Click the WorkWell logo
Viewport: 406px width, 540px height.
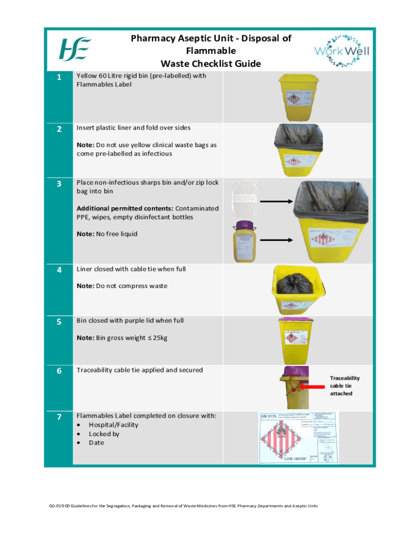click(342, 51)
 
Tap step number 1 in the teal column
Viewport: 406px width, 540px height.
click(59, 78)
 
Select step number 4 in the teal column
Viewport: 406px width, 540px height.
click(59, 270)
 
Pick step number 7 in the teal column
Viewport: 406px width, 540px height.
click(59, 418)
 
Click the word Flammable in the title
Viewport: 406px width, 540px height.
click(210, 51)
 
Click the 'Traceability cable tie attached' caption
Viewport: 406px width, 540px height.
click(344, 386)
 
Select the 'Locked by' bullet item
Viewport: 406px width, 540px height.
click(104, 434)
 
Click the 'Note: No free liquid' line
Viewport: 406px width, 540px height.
click(107, 234)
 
